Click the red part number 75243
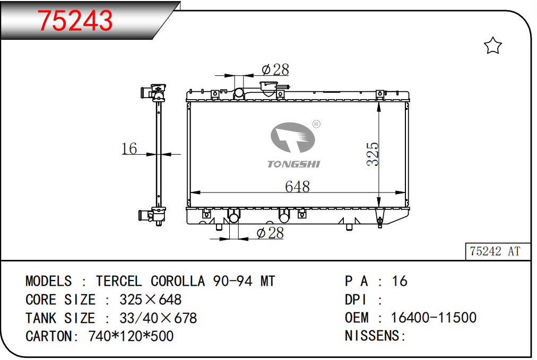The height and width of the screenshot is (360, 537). tap(75, 21)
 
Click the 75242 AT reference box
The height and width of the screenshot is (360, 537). tap(497, 251)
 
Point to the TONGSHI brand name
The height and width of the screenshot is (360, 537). tap(293, 164)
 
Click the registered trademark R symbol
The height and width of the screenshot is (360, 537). tap(316, 124)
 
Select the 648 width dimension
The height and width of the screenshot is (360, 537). tap(297, 187)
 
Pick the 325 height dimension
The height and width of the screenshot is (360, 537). tap(373, 154)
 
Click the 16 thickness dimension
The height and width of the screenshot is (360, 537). tap(129, 148)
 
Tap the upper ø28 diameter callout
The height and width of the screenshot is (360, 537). tap(275, 69)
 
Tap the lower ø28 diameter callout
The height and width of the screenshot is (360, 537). tap(270, 233)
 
